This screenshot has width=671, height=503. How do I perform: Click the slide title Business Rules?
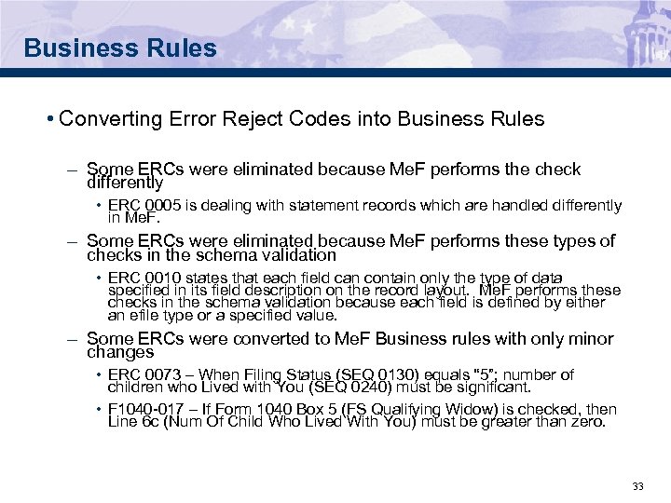point(120,48)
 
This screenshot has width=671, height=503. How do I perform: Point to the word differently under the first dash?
point(125,184)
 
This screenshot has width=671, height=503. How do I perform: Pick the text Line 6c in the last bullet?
point(130,421)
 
